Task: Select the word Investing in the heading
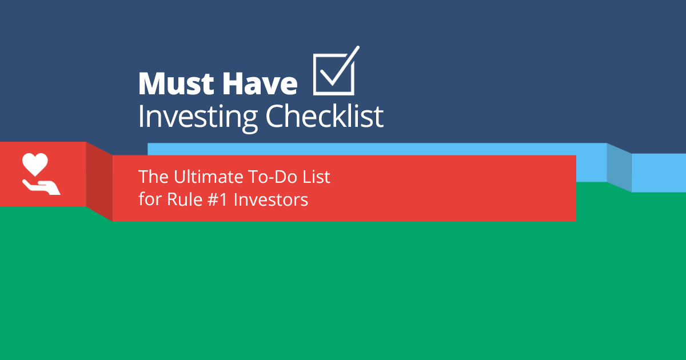click(198, 117)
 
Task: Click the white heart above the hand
click(35, 164)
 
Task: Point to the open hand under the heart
click(41, 186)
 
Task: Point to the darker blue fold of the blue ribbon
click(619, 167)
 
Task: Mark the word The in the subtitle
click(150, 177)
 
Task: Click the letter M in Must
click(150, 84)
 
